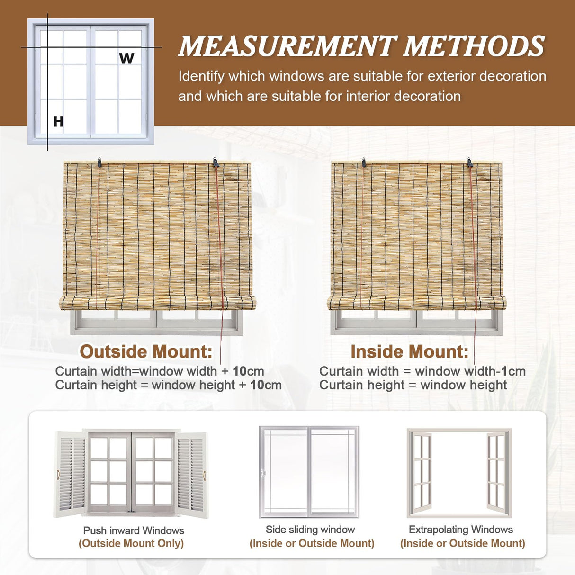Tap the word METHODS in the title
coord(474,46)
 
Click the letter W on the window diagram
coord(126,58)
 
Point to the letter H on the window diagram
coord(58,122)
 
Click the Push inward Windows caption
coord(134,530)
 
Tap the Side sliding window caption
coord(310,530)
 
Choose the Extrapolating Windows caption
coord(461,530)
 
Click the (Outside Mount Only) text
coord(131,543)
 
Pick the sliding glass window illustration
coord(309,472)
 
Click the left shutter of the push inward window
coord(72,474)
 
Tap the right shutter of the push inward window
coord(192,474)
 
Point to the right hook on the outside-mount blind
coord(216,163)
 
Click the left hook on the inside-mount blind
coord(364,162)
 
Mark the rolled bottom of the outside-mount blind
coord(157,303)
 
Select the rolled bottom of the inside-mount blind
coord(417,303)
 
